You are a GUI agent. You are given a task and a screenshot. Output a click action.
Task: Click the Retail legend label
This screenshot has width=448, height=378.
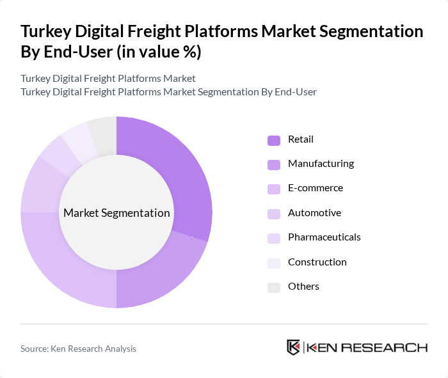pyautogui.click(x=301, y=139)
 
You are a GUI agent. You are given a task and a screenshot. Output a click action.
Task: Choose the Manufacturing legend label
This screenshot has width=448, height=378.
pyautogui.click(x=321, y=164)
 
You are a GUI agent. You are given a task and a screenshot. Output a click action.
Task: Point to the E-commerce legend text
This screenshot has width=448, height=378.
pyautogui.click(x=316, y=188)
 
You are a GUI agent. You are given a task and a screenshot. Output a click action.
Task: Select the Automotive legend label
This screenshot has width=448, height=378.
pyautogui.click(x=314, y=213)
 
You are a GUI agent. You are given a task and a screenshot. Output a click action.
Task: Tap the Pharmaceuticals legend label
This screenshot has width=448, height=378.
pyautogui.click(x=324, y=237)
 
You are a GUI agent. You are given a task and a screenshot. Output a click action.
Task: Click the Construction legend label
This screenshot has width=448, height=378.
pyautogui.click(x=317, y=262)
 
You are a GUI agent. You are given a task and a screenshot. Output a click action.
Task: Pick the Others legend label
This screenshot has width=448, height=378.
pyautogui.click(x=303, y=287)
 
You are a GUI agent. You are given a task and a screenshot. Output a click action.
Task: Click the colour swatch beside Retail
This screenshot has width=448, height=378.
pyautogui.click(x=273, y=140)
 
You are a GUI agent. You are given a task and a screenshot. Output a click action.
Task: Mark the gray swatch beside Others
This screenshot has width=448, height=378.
pyautogui.click(x=273, y=287)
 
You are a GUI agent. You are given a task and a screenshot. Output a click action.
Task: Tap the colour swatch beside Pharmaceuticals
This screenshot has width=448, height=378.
pyautogui.click(x=273, y=238)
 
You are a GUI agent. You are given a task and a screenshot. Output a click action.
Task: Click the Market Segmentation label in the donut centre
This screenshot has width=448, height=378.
pyautogui.click(x=116, y=213)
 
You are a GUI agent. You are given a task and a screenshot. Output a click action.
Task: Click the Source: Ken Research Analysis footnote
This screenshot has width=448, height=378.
pyautogui.click(x=78, y=349)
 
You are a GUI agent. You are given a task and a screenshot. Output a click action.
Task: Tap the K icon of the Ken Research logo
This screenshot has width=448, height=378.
pyautogui.click(x=294, y=348)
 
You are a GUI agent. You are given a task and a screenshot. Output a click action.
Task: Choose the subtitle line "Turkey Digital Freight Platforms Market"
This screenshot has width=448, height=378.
pyautogui.click(x=108, y=79)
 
